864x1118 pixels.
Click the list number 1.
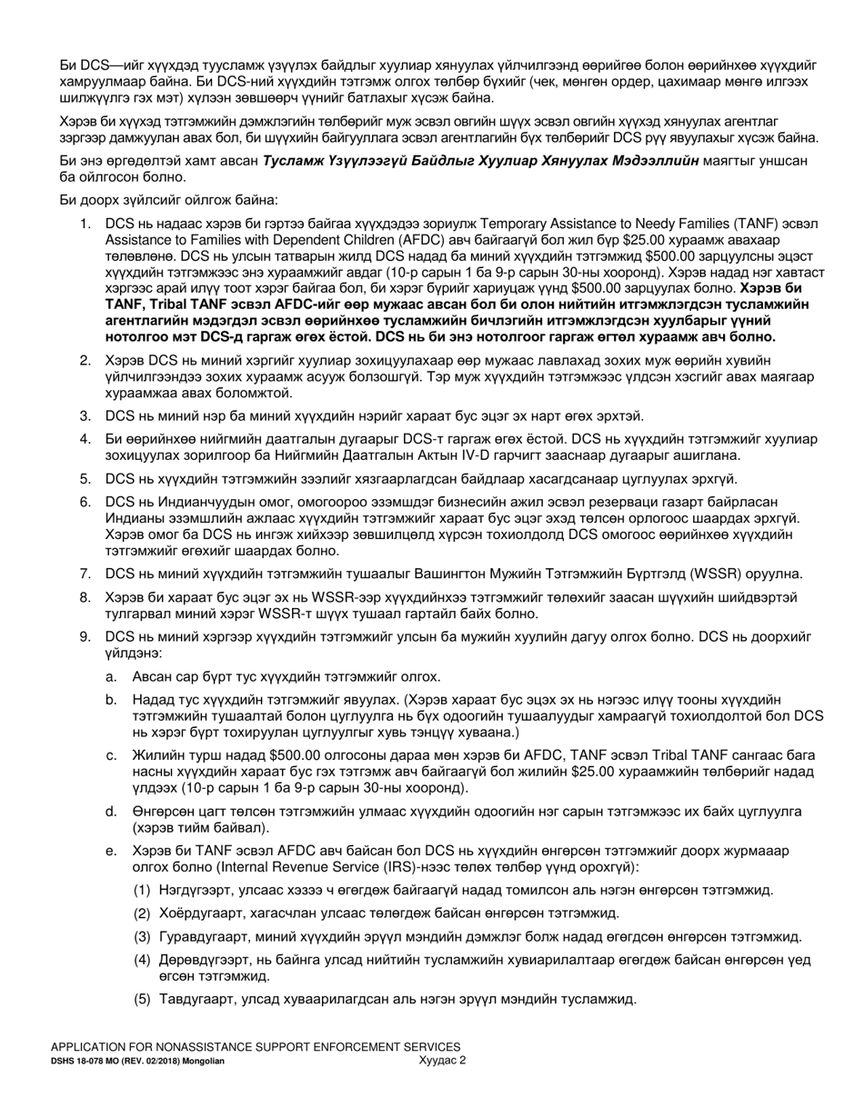click(x=84, y=223)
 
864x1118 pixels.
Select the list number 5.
click(x=84, y=479)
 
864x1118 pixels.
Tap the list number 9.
click(x=84, y=637)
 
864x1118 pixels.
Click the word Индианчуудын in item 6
click(x=205, y=503)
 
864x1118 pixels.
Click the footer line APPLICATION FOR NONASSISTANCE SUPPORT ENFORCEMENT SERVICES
click(x=256, y=1047)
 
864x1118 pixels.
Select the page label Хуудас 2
click(x=443, y=1060)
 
